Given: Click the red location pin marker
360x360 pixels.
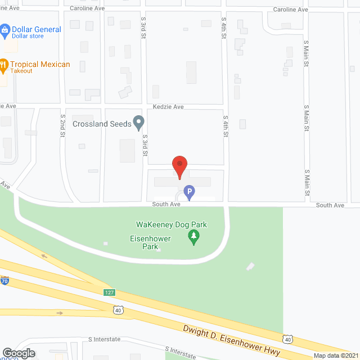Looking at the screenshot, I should [179, 165].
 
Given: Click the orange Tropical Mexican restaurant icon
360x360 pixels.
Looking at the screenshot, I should [3, 65].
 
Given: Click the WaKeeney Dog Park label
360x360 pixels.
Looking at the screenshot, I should [172, 224].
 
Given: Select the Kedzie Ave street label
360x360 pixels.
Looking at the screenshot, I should [168, 106].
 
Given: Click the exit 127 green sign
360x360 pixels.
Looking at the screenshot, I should [110, 292].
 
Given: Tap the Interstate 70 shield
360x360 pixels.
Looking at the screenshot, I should [4, 281].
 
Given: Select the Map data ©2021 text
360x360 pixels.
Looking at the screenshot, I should [335, 355].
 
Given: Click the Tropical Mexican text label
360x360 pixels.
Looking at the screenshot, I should [40, 64].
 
